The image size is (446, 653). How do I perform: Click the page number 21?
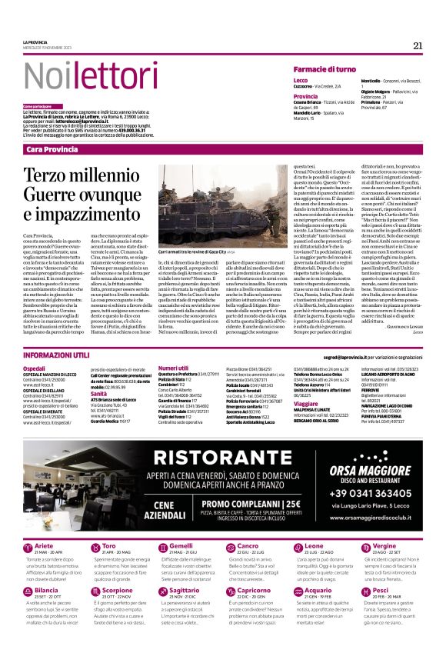418,45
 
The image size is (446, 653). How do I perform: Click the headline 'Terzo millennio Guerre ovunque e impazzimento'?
85,193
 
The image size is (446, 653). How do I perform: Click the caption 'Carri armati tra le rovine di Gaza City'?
188,251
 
